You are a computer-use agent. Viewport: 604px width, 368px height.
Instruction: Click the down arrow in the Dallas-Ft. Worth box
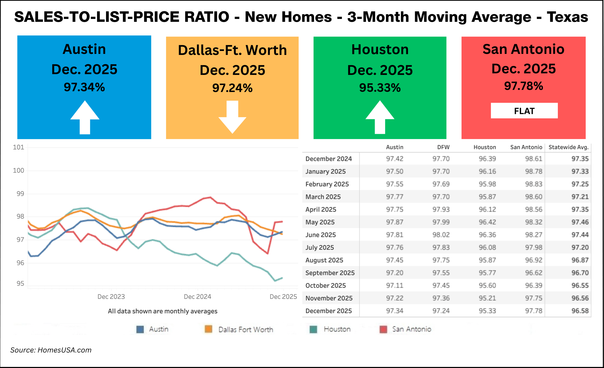coord(232,117)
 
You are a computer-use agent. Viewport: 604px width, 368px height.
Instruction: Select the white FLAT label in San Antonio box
coord(524,111)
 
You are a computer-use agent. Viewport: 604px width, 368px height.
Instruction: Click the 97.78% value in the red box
coord(523,86)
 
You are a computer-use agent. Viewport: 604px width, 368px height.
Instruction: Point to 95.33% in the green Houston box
coord(380,88)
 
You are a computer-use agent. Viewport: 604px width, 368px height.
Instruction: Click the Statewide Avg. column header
coord(568,147)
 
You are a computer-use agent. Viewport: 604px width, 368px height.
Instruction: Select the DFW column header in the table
coord(443,147)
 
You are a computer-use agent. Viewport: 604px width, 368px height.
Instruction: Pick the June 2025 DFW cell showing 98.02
coord(441,235)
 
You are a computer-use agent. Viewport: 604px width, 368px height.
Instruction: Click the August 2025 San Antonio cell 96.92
coord(533,260)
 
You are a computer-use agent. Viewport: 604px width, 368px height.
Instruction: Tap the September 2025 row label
coord(330,273)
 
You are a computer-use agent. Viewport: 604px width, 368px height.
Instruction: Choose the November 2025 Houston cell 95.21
coord(487,298)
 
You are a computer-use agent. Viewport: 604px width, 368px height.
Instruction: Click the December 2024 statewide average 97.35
coord(580,159)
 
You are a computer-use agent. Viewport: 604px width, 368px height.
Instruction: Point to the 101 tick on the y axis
coord(18,147)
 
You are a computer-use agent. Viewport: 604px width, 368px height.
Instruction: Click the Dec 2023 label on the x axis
coord(111,297)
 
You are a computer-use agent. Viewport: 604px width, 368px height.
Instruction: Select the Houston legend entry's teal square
coord(313,329)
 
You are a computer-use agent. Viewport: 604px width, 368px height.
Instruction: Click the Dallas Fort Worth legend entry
coord(246,329)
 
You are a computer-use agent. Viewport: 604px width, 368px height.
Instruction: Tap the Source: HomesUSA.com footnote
coord(51,350)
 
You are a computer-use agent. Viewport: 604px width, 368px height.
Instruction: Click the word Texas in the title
coord(567,17)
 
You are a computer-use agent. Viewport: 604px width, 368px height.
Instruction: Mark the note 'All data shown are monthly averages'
coord(162,311)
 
